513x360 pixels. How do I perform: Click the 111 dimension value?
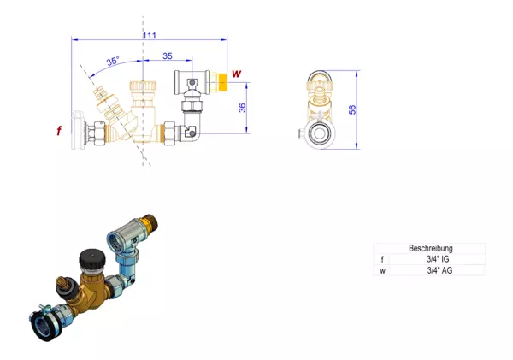(149, 35)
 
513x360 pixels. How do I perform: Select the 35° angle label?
(113, 61)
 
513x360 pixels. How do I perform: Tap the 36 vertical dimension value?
(242, 108)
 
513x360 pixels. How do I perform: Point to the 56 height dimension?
(352, 109)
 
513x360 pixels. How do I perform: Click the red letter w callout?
(236, 74)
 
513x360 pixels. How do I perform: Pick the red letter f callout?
(59, 131)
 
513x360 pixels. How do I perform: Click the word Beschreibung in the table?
(431, 248)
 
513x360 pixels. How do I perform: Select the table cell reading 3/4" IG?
(438, 259)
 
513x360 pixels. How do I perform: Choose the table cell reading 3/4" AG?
(439, 270)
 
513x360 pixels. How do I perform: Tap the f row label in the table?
(382, 260)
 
